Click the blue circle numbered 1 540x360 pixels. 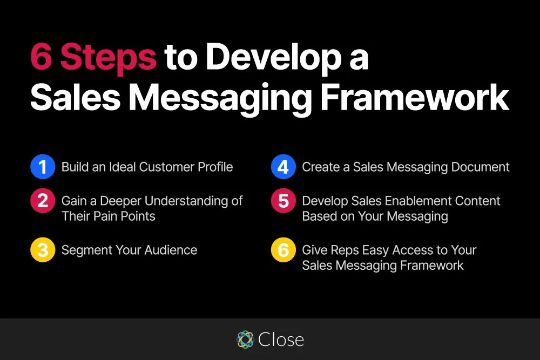[x=43, y=167]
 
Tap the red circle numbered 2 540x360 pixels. [x=43, y=201]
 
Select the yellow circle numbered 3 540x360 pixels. [x=43, y=250]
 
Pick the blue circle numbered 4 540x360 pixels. [x=283, y=167]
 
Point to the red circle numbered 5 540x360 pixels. [x=283, y=201]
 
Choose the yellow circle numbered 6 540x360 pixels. [x=283, y=250]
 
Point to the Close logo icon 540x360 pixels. [x=246, y=339]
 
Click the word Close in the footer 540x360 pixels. [x=281, y=339]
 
